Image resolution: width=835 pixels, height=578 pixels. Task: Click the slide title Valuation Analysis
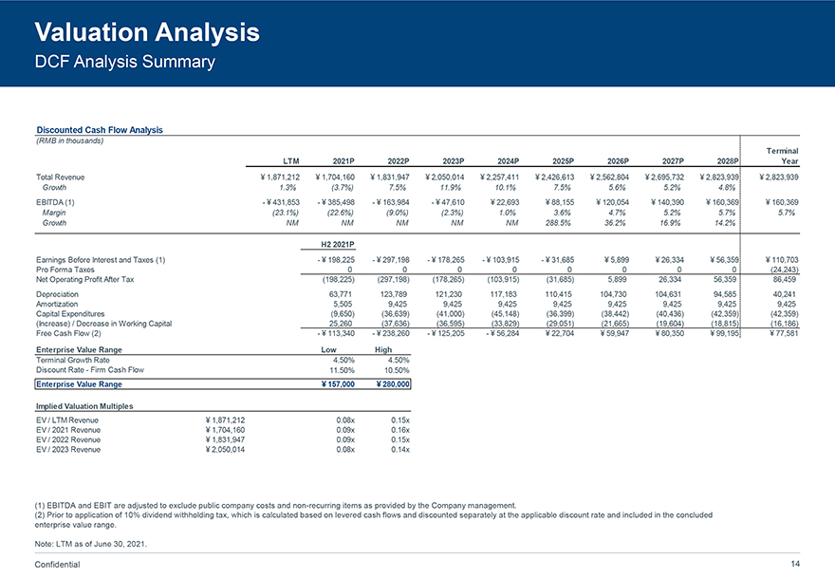(x=147, y=33)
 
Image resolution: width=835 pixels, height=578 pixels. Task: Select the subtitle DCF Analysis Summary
(x=124, y=64)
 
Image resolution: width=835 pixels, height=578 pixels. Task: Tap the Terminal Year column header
(x=782, y=156)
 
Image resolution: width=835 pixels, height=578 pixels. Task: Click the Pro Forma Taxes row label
(x=70, y=270)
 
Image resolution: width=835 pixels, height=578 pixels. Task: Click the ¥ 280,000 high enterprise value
(x=393, y=384)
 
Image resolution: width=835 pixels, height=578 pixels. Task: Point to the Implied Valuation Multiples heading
(x=84, y=406)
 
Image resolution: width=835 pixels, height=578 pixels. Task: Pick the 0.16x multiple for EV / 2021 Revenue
(x=399, y=429)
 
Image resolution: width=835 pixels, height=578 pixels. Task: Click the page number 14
(x=795, y=565)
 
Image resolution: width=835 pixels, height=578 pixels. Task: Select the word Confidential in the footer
(x=58, y=565)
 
